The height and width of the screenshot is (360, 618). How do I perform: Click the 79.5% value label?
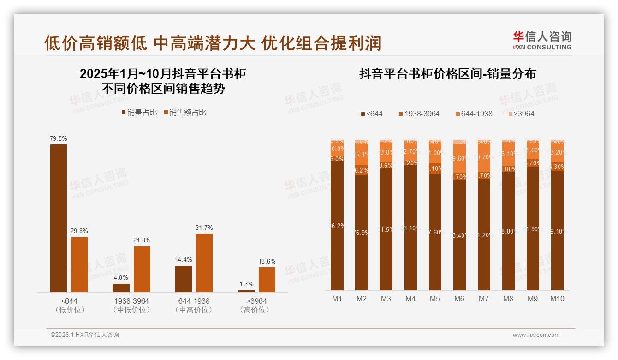coord(59,138)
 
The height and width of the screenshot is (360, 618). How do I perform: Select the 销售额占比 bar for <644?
coord(79,264)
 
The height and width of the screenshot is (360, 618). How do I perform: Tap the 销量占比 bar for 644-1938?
coord(184,279)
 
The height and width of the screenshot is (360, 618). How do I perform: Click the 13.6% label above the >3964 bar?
coord(267,261)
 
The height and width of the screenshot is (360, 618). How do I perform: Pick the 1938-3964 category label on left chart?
coord(131,301)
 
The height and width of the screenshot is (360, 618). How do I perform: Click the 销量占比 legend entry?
coord(139,113)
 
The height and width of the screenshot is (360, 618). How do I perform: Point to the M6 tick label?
coord(459,299)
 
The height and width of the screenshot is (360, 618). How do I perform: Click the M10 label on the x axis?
coord(557,299)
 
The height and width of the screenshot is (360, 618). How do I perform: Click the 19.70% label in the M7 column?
coord(483,157)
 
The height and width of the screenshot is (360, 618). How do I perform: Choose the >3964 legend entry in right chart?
coord(521,114)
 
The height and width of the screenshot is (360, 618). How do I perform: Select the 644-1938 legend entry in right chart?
coord(474,114)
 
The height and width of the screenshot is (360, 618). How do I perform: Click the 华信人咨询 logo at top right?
coord(542,40)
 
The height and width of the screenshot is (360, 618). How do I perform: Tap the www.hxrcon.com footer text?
coord(535,335)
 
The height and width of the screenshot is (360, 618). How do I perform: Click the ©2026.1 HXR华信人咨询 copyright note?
coord(85,335)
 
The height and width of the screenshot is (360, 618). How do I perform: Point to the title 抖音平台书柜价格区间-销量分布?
coord(447,74)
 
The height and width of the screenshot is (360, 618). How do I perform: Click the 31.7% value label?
coord(204,228)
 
